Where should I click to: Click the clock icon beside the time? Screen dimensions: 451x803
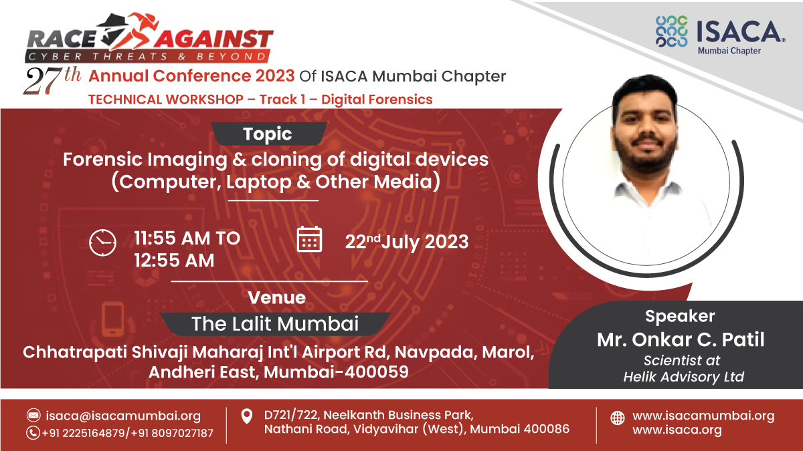[x=102, y=242]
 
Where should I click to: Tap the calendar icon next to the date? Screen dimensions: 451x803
[x=309, y=239]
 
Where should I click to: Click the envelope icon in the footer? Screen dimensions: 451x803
[x=33, y=416]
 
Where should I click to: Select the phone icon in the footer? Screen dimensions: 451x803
[x=33, y=433]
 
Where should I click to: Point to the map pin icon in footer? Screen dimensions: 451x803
[x=247, y=417]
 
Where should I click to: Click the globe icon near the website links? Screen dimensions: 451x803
[x=618, y=418]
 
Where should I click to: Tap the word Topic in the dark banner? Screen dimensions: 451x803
[x=268, y=134]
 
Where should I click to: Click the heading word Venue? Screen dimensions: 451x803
[x=276, y=297]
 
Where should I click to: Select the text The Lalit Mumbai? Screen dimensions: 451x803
[x=275, y=324]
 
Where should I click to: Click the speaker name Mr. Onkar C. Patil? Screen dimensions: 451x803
[x=681, y=340]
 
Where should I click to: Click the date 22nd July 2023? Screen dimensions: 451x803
[x=407, y=241]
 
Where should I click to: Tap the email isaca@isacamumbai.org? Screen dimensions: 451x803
[x=123, y=416]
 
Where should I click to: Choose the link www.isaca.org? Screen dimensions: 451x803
[x=677, y=430]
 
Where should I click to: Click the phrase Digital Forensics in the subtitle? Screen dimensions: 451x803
[x=377, y=100]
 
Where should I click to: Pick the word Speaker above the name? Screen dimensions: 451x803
[x=680, y=316]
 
